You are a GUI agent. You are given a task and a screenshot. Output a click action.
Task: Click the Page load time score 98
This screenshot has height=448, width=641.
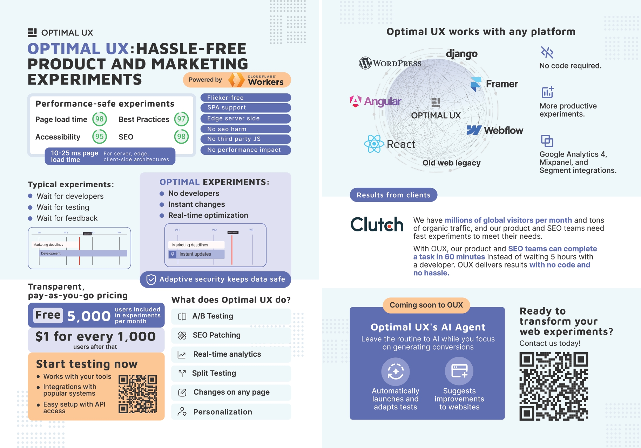point(100,119)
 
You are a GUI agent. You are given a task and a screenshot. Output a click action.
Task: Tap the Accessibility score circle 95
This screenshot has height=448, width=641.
point(100,137)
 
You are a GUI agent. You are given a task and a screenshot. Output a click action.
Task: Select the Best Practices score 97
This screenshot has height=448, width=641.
point(181,119)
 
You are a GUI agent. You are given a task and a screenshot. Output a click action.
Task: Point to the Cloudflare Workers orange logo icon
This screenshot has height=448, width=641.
point(236,80)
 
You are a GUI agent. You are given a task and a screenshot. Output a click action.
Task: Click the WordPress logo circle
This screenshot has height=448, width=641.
point(365,63)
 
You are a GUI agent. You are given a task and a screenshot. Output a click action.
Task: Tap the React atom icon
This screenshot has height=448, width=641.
point(374,144)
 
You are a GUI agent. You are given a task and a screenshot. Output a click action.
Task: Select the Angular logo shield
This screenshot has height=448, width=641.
point(356,101)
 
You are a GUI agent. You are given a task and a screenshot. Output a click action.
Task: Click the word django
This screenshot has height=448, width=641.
point(461,54)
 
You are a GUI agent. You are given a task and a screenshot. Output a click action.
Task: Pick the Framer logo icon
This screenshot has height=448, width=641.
point(476,84)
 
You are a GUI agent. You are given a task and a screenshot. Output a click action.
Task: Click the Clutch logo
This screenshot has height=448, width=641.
point(377,224)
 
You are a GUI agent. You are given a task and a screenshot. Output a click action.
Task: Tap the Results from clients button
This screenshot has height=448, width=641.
point(393,195)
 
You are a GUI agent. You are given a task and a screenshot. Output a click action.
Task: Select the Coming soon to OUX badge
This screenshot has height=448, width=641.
point(426,305)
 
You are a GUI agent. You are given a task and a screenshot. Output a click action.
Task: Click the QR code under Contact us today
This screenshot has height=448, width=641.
point(553,386)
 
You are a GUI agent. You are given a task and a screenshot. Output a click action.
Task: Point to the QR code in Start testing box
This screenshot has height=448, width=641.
point(137,394)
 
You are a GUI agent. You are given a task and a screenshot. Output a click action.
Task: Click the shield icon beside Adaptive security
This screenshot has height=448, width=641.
point(151,279)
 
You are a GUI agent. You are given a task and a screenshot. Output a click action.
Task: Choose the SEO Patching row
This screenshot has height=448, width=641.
point(231,335)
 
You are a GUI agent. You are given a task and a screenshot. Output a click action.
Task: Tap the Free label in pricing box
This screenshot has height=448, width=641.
point(48,315)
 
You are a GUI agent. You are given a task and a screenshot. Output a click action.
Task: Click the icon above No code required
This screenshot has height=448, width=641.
point(547,52)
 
